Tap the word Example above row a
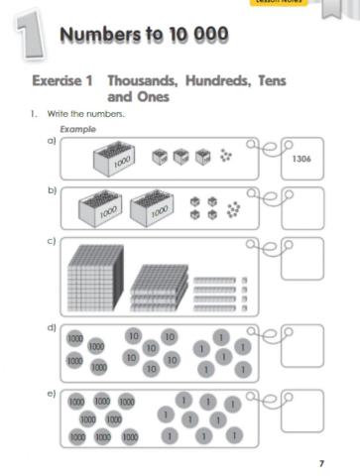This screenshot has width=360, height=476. click(77, 130)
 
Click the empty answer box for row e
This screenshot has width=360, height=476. click(302, 409)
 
